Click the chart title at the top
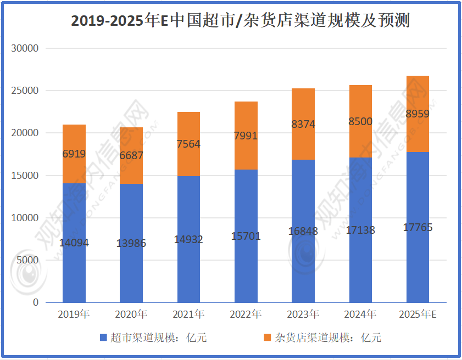click(x=240, y=20)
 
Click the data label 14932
click(x=188, y=239)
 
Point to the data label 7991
click(x=246, y=136)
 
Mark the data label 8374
click(x=303, y=124)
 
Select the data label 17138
click(x=360, y=230)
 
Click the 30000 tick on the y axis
click(x=25, y=48)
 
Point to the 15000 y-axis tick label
click(x=25, y=176)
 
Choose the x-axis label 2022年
click(x=246, y=314)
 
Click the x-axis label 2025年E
click(x=418, y=314)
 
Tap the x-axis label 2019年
click(x=74, y=314)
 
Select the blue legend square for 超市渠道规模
click(x=103, y=337)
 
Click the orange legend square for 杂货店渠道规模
click(x=268, y=337)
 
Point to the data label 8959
click(x=418, y=115)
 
